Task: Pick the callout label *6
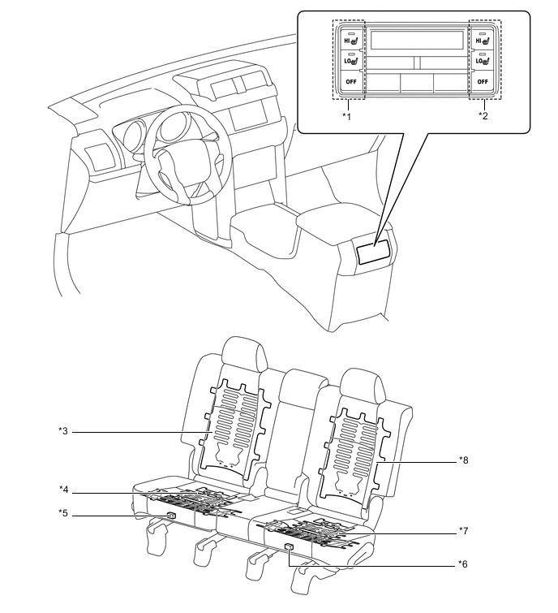[464, 563]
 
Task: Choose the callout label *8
[464, 460]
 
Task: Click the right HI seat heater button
[483, 39]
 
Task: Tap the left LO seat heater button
[349, 59]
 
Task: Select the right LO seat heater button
[483, 59]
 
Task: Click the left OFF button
[349, 82]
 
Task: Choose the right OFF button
[483, 82]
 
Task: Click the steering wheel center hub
[172, 158]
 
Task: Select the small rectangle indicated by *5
[170, 516]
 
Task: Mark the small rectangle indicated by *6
[290, 550]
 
